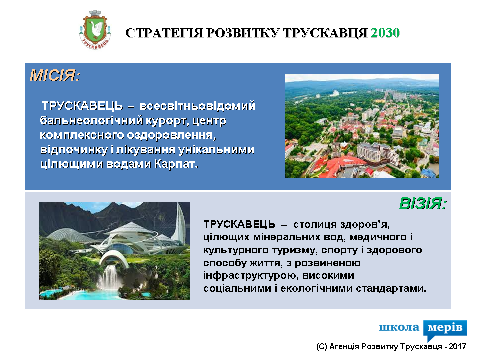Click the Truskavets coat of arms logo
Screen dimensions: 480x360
(x=95, y=30)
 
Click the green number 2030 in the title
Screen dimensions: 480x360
(x=385, y=33)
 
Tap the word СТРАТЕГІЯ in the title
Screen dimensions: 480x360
(x=164, y=33)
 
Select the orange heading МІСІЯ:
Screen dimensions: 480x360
(x=55, y=75)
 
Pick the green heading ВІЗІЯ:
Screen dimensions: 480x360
(x=423, y=203)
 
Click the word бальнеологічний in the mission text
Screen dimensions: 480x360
(x=91, y=121)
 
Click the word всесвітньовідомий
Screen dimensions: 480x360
(x=197, y=106)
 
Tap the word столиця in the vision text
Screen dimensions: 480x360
(x=315, y=225)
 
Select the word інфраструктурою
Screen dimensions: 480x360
(x=250, y=276)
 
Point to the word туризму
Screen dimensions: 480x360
(x=295, y=250)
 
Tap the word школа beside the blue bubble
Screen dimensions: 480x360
(x=399, y=327)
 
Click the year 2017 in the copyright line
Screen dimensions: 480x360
(x=457, y=346)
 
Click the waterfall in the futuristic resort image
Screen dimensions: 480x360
(x=109, y=277)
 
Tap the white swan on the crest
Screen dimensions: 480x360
(x=96, y=29)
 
